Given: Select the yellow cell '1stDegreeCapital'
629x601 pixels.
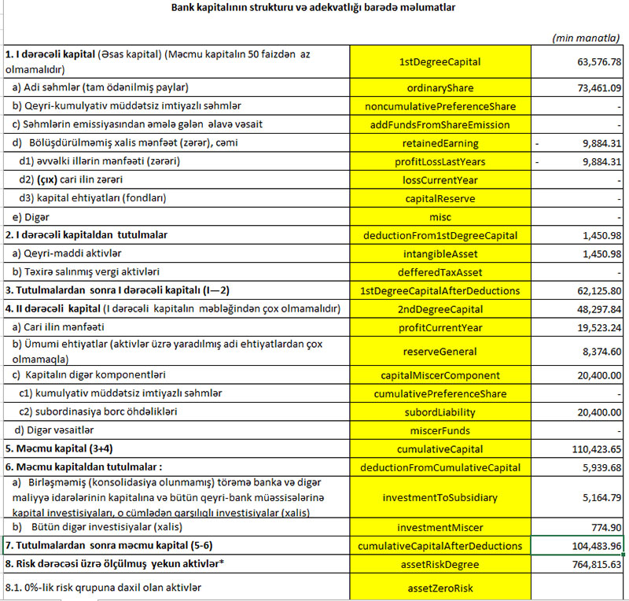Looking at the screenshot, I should [440, 61].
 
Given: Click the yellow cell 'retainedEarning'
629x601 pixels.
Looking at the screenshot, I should [440, 143].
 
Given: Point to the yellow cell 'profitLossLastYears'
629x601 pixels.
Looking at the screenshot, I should [440, 162].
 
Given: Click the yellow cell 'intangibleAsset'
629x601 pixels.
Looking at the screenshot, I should [440, 254].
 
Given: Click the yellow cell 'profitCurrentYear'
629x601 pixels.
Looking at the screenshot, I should [440, 326].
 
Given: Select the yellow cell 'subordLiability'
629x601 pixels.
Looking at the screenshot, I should [440, 412].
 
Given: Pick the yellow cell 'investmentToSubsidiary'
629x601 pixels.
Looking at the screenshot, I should [440, 498].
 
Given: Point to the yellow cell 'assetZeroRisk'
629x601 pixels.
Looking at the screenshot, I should [440, 587].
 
